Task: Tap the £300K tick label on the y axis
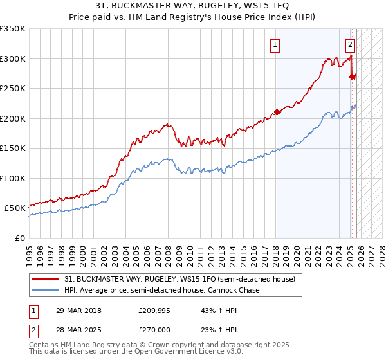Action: [x=13, y=59]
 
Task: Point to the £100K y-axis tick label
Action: [x=13, y=178]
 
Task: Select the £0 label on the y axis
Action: [x=20, y=238]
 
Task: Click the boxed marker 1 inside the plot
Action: [x=275, y=44]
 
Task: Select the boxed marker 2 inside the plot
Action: [x=350, y=44]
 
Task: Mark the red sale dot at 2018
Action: [x=277, y=112]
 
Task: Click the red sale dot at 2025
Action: [x=352, y=76]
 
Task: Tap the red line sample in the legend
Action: [x=46, y=279]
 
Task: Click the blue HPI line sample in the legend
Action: [x=46, y=291]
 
